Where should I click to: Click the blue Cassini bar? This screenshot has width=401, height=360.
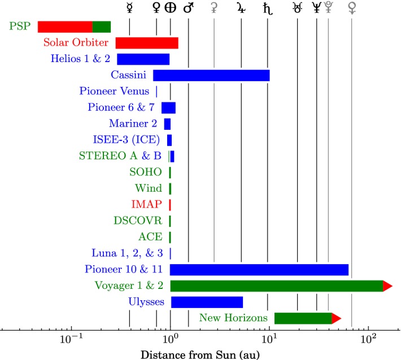[211, 75]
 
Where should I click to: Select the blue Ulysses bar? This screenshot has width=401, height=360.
[207, 302]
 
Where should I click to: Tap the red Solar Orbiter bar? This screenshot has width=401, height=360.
[147, 43]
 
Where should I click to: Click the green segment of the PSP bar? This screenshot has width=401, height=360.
[102, 27]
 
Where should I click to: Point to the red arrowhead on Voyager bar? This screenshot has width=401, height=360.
[387, 286]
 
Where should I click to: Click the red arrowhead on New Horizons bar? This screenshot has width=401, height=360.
[336, 318]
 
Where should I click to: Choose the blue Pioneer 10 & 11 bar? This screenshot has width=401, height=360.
[259, 270]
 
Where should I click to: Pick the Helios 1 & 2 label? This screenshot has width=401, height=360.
[80, 59]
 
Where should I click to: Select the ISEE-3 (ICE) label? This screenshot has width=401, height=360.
[125, 139]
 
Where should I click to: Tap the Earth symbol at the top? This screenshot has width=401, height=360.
[170, 8]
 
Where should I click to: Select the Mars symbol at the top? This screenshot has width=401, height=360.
[188, 8]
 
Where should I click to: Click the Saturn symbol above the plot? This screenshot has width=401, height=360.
[267, 8]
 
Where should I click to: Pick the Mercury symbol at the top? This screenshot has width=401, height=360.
[129, 8]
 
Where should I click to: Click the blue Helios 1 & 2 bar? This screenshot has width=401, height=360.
[143, 59]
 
